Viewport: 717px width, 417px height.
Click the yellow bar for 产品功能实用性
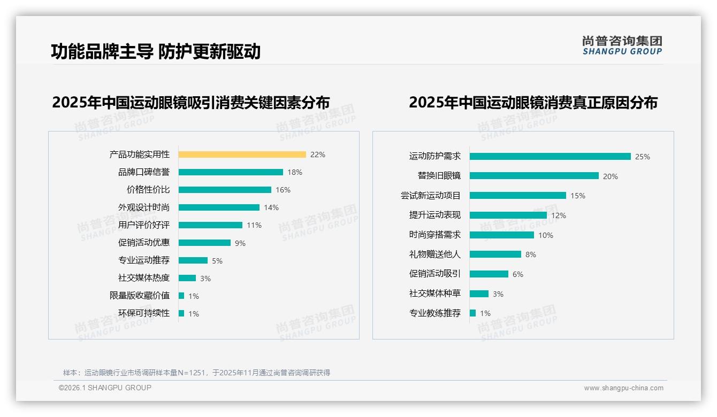242,155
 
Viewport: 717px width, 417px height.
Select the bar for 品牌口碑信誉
231,172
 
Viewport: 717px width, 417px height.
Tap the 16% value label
283,190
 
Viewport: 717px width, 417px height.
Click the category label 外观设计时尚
143,207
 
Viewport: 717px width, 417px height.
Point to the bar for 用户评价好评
210,225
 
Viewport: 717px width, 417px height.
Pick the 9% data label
240,243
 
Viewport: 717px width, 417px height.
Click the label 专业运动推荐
143,260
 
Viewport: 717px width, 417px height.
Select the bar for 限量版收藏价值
181,296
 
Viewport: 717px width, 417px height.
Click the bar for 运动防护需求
550,157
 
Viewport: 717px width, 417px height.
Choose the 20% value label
611,176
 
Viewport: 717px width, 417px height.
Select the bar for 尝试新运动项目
517,196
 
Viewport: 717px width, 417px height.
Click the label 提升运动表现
434,215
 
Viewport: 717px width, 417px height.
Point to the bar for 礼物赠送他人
495,254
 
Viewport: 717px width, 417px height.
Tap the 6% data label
518,274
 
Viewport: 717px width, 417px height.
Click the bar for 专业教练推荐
472,313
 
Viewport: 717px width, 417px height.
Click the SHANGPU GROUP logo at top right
622,45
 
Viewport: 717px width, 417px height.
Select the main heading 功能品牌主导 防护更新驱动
156,51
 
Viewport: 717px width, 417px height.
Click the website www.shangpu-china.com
623,388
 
